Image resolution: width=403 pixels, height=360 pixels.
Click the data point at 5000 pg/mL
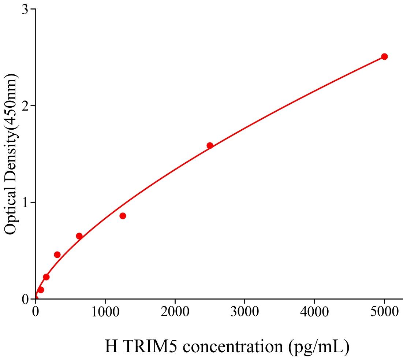point(384,56)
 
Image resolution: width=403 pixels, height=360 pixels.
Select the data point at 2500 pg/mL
point(210,145)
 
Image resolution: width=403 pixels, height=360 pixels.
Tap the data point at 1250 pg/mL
point(123,216)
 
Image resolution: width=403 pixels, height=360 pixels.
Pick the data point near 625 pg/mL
point(79,236)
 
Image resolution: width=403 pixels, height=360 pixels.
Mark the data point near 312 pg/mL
point(57,255)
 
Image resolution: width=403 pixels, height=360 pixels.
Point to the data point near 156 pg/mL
point(46,277)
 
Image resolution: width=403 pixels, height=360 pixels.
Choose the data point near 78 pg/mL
point(41,290)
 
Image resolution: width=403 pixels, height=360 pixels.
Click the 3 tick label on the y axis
point(25,10)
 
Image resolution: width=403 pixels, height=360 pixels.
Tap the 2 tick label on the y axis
point(25,106)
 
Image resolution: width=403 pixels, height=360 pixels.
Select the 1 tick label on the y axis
point(25,203)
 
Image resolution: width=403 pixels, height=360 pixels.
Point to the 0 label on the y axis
point(25,300)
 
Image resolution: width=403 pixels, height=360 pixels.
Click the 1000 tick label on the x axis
point(105,312)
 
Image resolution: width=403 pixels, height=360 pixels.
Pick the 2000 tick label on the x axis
point(175,312)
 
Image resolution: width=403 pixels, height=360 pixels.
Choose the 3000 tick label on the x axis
point(245,312)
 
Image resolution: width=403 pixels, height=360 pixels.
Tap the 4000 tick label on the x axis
point(314,312)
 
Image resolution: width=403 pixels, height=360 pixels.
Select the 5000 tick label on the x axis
point(384,312)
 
